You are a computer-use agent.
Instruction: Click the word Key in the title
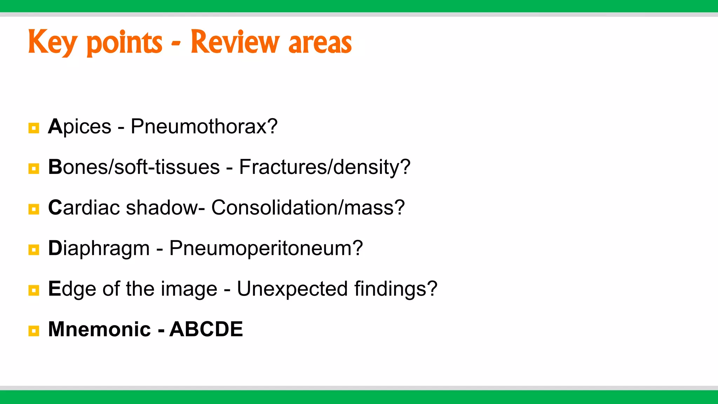point(53,43)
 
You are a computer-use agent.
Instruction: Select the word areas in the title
point(320,43)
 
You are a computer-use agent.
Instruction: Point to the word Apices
point(80,127)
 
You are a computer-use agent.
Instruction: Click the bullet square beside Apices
point(34,128)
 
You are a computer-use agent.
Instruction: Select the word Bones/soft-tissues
point(134,167)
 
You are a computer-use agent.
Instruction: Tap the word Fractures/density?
point(325,167)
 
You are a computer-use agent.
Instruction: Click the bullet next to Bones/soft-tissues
point(34,169)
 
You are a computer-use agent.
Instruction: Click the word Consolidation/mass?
point(308,207)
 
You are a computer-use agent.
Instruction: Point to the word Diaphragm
point(99,249)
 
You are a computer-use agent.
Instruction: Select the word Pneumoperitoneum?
point(266,249)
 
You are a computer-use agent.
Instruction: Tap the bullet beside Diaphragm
point(34,250)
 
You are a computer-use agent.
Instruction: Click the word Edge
point(72,289)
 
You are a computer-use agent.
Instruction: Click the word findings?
point(396,289)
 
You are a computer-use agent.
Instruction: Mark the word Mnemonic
point(100,329)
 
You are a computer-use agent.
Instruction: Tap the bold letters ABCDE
point(206,329)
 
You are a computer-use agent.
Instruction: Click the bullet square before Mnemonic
point(34,331)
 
